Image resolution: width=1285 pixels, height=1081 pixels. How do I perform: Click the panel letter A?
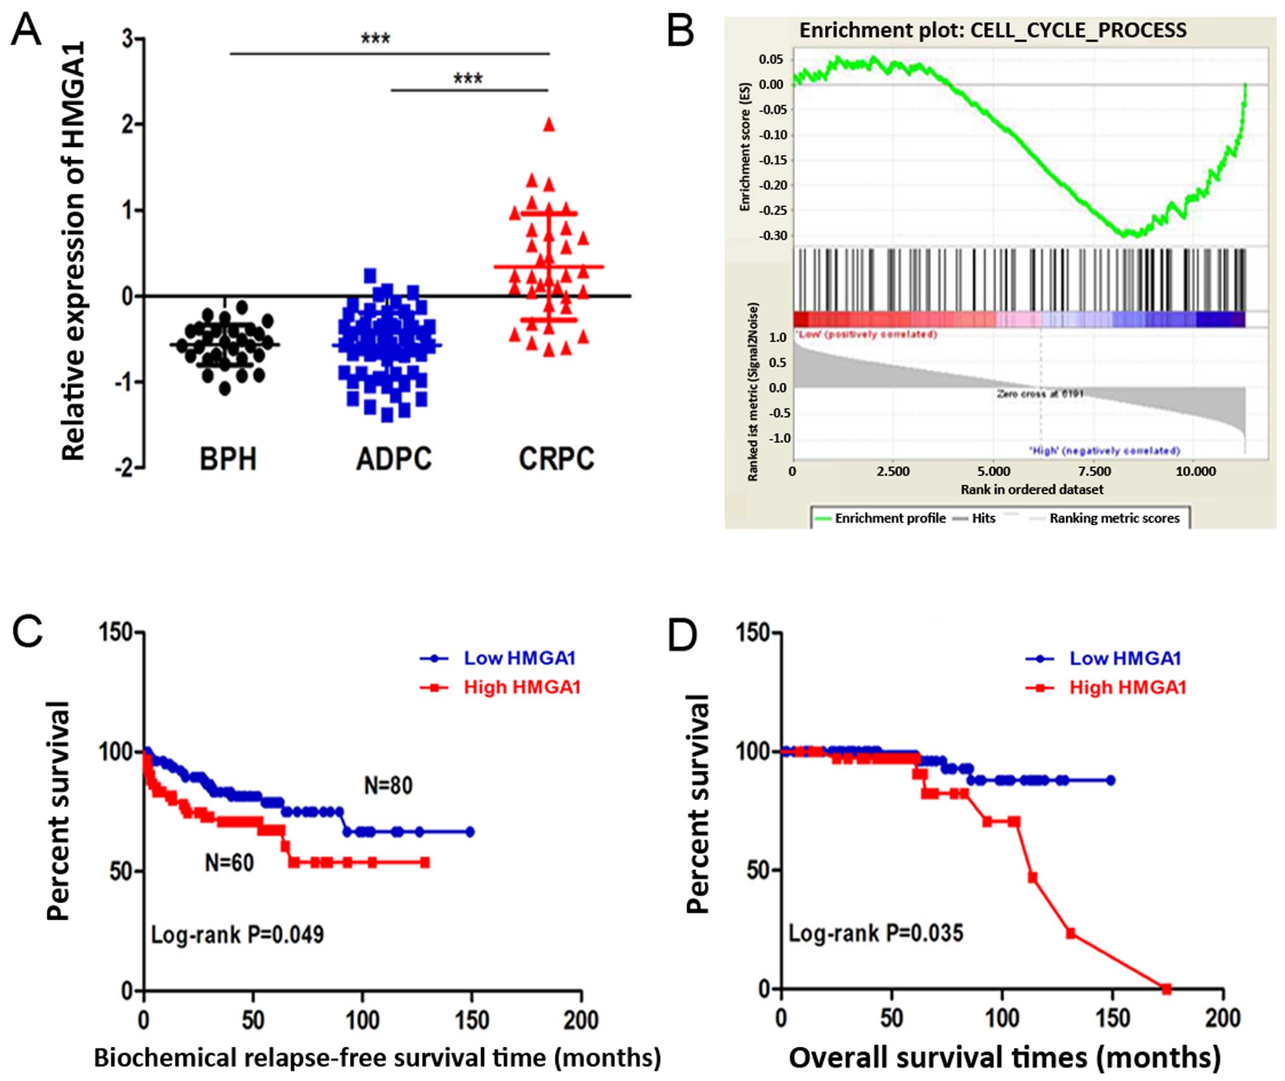(x=26, y=30)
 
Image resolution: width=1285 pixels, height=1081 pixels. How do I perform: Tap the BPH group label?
(x=228, y=459)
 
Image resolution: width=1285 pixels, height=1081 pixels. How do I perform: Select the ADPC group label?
(x=394, y=459)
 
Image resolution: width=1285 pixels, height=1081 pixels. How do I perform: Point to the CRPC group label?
(x=556, y=459)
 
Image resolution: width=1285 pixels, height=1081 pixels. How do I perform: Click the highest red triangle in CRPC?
(x=549, y=125)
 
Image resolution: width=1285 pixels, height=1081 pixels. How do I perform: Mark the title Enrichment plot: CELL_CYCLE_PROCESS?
(x=993, y=30)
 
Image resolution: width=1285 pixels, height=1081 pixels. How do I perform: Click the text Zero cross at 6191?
(x=1040, y=394)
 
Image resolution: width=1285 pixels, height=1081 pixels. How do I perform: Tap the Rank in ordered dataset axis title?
(x=1031, y=489)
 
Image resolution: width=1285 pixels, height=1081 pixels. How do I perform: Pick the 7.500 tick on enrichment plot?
(x=1094, y=472)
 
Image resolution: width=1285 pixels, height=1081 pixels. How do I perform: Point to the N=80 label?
(x=388, y=785)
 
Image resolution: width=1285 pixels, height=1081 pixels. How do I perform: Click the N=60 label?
(x=229, y=863)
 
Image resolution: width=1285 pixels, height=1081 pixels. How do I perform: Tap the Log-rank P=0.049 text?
(x=237, y=934)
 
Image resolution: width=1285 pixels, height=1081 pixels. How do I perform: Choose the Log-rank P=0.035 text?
(x=876, y=933)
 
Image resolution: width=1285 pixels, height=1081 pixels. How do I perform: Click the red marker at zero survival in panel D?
(x=1166, y=989)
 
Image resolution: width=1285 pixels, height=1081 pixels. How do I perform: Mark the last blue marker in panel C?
(x=470, y=832)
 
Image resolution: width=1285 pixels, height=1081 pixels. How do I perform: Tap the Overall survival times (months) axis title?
(x=1004, y=1058)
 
